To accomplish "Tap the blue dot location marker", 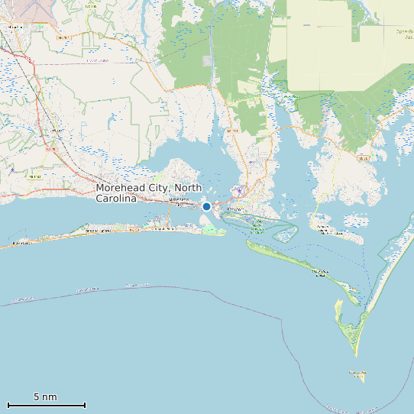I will (x=206, y=206).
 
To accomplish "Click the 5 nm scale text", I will (x=45, y=397).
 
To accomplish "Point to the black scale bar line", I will (x=46, y=405).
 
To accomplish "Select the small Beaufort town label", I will (x=234, y=208).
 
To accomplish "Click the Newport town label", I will (x=56, y=131).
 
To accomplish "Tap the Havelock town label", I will (x=14, y=27).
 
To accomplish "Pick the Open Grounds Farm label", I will (x=403, y=33).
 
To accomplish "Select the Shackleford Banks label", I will (x=321, y=271).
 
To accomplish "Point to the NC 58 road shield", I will (x=134, y=229).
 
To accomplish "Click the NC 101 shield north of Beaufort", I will (x=232, y=131).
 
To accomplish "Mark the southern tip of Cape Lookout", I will (x=357, y=354).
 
